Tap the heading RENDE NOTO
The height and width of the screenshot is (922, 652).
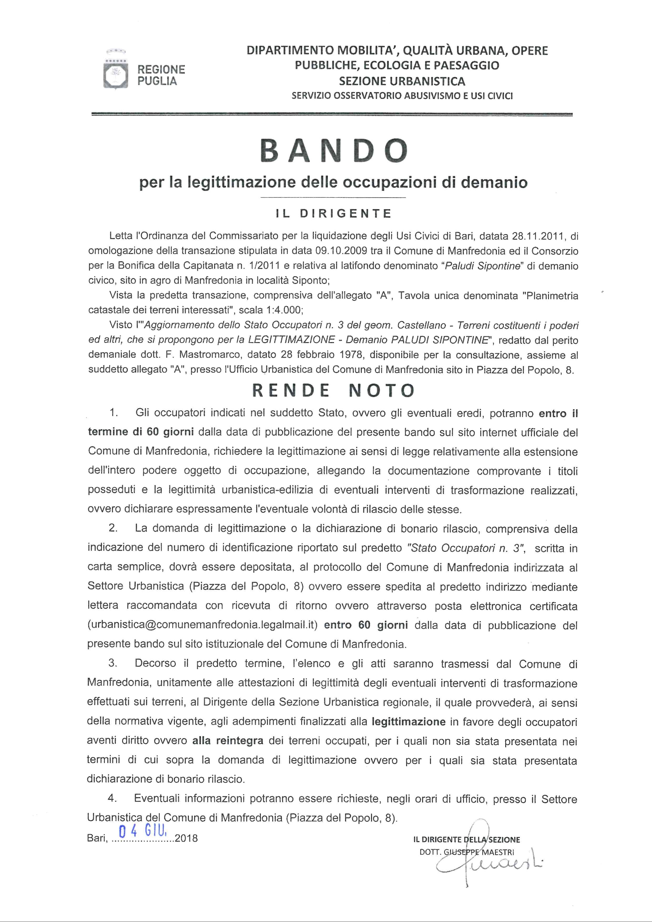point(333,390)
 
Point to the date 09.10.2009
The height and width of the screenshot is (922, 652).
point(341,251)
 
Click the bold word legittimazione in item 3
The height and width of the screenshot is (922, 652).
point(409,722)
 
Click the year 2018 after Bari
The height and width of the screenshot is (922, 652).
point(186,838)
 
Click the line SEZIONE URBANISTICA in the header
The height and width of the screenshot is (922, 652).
point(402,81)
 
